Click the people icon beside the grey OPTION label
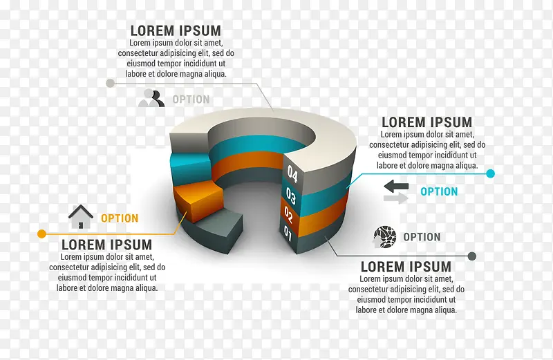151,98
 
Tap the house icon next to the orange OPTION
81,217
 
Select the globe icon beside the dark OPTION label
384,236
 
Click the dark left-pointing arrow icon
396,185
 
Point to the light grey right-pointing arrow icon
396,199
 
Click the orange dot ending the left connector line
42,234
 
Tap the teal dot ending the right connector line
491,173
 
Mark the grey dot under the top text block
109,83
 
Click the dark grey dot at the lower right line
472,256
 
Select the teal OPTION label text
439,191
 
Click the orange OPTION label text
120,218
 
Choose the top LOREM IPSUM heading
176,30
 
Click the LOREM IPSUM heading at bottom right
406,267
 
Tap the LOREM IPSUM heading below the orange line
106,245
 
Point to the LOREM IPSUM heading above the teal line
427,122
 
